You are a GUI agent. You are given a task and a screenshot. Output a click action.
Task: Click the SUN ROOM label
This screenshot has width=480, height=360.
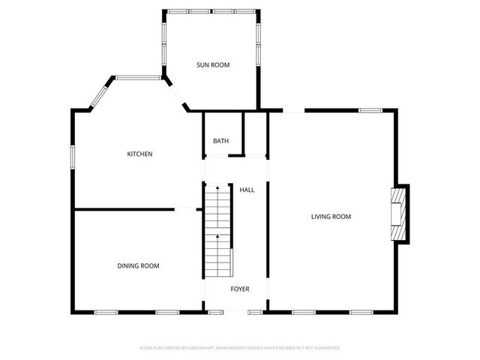click(x=213, y=65)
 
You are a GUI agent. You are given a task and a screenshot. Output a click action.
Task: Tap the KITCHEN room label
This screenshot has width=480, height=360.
click(x=139, y=154)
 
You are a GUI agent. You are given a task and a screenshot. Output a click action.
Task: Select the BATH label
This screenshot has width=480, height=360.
click(x=220, y=141)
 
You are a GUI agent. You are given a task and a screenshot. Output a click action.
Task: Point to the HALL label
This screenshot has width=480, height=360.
click(x=247, y=190)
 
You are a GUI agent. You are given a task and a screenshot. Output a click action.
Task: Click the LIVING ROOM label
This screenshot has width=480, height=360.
click(x=331, y=217)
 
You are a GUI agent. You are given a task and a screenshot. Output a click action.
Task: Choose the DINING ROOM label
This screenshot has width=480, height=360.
click(x=138, y=265)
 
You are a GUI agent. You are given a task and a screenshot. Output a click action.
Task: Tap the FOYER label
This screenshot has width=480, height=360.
click(x=240, y=289)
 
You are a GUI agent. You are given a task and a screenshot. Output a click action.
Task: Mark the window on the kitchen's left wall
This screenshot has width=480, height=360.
click(x=73, y=156)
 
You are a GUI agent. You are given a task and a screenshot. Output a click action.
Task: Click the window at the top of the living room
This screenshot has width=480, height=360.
click(x=370, y=111)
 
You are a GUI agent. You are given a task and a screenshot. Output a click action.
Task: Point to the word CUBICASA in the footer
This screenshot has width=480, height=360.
click(x=196, y=348)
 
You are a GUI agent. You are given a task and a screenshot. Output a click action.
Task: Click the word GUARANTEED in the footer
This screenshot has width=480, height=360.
click(x=325, y=348)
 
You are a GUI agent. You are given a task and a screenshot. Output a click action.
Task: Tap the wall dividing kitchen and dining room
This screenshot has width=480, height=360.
click(x=124, y=209)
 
